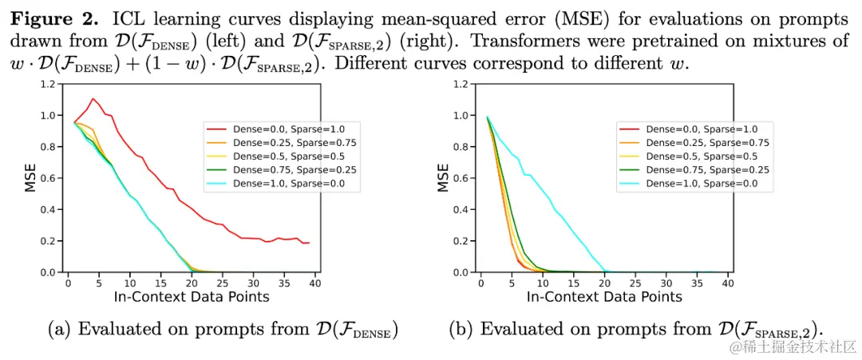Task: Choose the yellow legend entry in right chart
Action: (686, 156)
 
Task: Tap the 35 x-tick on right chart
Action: (692, 283)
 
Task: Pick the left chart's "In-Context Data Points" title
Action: (191, 297)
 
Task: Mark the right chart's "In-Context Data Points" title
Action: (604, 297)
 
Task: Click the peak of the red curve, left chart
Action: (93, 99)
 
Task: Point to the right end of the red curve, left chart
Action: (309, 243)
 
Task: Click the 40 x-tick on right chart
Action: (727, 283)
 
